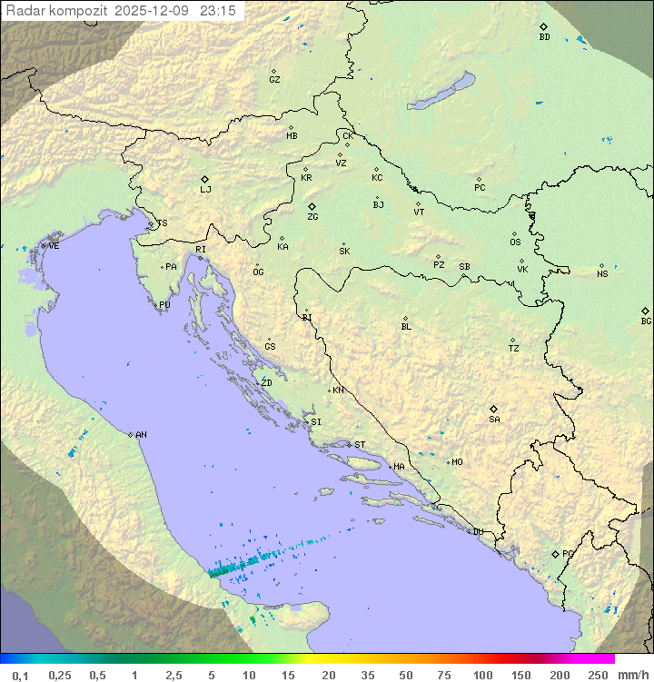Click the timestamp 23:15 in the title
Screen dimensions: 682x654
click(219, 10)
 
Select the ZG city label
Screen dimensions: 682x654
click(312, 217)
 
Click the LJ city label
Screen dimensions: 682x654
click(205, 190)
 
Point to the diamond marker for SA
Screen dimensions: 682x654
click(494, 409)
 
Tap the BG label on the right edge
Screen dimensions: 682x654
click(646, 321)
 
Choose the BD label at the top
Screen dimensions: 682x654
click(544, 37)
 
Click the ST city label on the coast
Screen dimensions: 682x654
click(360, 445)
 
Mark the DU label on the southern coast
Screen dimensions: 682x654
click(478, 532)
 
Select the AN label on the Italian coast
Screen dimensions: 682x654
click(141, 435)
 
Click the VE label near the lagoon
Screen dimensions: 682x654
click(54, 246)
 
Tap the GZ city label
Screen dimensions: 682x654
click(274, 80)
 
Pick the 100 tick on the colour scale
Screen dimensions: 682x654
click(482, 675)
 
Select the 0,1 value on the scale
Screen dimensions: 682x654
click(20, 675)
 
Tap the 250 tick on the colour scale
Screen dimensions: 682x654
click(598, 675)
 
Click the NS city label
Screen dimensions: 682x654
click(602, 274)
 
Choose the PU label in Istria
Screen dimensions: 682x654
click(164, 305)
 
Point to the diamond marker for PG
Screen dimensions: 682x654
click(555, 553)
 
